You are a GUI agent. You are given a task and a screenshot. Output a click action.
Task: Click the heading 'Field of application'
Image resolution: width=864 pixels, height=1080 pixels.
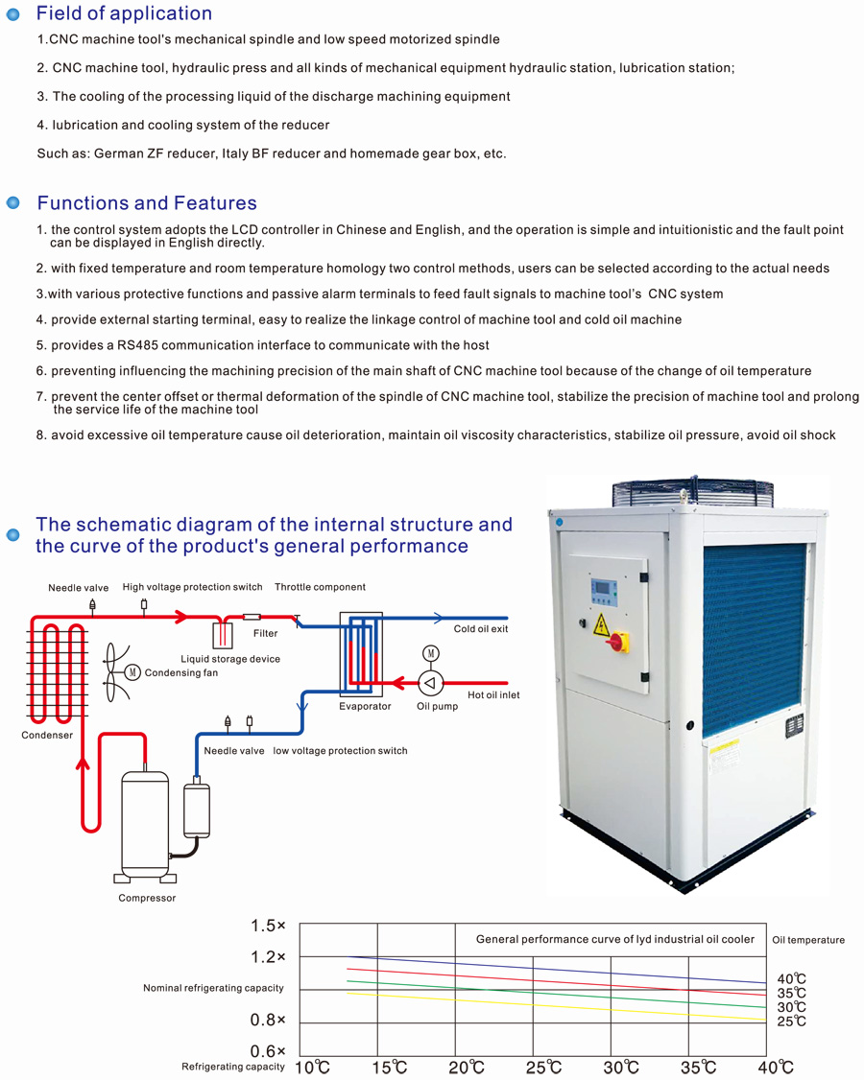[x=124, y=13]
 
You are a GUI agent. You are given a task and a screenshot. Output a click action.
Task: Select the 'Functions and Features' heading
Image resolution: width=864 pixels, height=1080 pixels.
[x=147, y=203]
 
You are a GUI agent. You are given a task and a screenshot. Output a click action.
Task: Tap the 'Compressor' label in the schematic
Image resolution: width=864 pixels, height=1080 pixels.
[x=147, y=899]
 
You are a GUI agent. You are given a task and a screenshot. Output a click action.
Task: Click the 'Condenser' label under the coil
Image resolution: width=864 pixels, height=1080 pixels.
[x=47, y=736]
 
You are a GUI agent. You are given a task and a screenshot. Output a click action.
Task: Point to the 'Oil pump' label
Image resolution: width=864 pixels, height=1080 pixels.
[x=437, y=707]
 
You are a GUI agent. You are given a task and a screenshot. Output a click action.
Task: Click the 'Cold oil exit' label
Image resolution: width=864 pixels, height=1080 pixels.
[x=481, y=629]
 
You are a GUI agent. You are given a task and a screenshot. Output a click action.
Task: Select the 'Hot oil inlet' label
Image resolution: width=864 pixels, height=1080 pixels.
[x=493, y=695]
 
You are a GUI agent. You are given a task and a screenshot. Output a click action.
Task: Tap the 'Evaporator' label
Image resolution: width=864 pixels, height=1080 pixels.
[x=365, y=707]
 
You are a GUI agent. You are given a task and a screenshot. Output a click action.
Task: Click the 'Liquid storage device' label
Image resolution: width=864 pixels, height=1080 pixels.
[x=230, y=659]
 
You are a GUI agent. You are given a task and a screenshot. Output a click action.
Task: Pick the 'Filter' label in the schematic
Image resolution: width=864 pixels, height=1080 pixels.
[x=266, y=633]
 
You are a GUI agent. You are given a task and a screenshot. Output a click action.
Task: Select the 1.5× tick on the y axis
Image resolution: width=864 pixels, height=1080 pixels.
[x=268, y=926]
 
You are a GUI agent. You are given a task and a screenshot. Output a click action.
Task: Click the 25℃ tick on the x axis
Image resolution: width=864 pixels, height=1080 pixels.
[x=541, y=1068]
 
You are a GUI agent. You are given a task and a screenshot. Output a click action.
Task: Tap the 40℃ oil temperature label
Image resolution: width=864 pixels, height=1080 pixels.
[x=791, y=979]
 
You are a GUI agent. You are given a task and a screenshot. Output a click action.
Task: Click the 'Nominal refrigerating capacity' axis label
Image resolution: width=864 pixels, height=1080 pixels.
[x=213, y=988]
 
